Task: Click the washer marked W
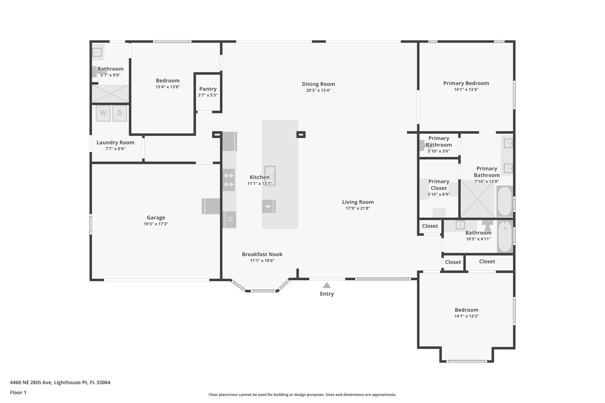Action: [x=103, y=113]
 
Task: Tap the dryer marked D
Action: [x=120, y=113]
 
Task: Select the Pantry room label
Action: [x=208, y=89]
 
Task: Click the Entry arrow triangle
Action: [x=327, y=285]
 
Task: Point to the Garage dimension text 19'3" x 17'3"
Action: [x=156, y=224]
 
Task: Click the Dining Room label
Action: [x=318, y=84]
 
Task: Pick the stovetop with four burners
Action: [x=229, y=180]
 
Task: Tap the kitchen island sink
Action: [x=270, y=176]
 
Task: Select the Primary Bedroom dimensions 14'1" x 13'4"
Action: [x=466, y=89]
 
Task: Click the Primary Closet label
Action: [x=439, y=185]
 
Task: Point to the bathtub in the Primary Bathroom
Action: [x=505, y=201]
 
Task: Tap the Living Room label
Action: [x=358, y=202]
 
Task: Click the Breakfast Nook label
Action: [x=262, y=254]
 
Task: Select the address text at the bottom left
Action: [x=60, y=382]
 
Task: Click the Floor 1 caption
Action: [x=18, y=393]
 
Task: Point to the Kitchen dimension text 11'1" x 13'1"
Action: [x=260, y=184]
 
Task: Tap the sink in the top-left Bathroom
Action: [x=97, y=52]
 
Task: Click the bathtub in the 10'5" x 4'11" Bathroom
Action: [x=505, y=236]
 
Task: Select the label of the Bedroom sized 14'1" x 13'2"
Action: [x=466, y=310]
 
